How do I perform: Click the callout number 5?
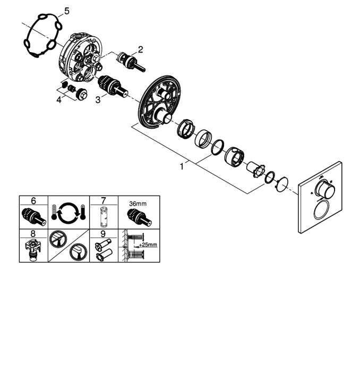pos(67,11)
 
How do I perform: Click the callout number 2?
pos(141,49)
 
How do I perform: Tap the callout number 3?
pos(98,100)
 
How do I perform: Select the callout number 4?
pos(59,100)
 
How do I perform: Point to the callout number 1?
pos(182,166)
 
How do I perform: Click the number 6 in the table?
pos(33,201)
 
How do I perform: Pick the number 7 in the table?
pos(104,201)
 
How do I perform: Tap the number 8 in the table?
pos(33,234)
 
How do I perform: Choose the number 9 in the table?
pos(103,234)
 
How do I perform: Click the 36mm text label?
pos(138,204)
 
